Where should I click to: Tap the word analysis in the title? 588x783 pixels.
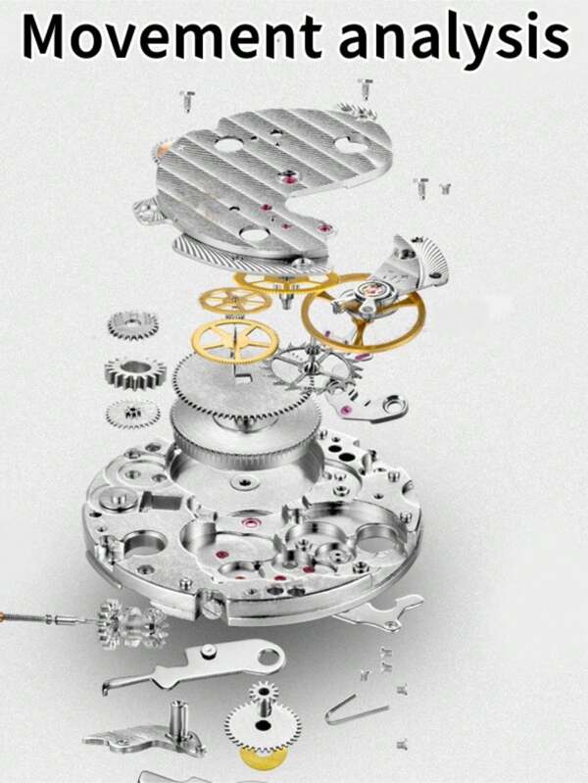click(x=454, y=39)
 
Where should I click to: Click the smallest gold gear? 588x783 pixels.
click(x=235, y=301)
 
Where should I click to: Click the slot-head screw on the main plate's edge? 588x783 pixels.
click(x=212, y=608)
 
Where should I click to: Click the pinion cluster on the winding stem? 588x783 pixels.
click(x=132, y=624)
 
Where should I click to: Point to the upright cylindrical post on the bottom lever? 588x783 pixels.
click(x=177, y=722)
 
